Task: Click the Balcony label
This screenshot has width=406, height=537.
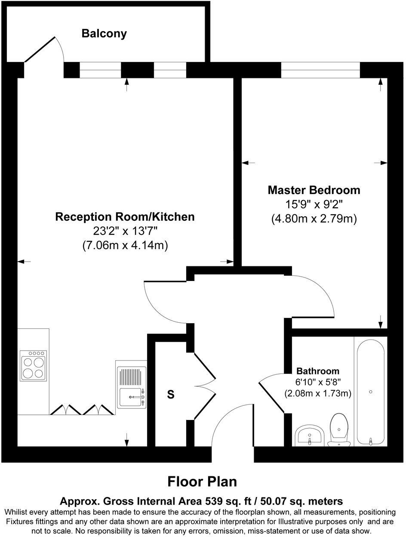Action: click(x=104, y=34)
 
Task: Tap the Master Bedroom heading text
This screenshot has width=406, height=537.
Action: click(x=314, y=190)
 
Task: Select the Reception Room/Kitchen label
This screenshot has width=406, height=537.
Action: click(x=125, y=217)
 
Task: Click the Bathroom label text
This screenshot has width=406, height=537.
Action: click(x=318, y=371)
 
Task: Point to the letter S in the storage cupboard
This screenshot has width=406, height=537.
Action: click(x=171, y=394)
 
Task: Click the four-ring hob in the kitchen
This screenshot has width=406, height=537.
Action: click(x=33, y=366)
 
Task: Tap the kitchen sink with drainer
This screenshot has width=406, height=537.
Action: click(x=131, y=387)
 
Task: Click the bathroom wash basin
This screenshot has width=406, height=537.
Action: click(x=309, y=435)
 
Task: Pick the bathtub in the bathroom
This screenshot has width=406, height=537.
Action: click(x=370, y=392)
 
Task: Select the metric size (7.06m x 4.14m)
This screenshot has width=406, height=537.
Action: click(x=125, y=246)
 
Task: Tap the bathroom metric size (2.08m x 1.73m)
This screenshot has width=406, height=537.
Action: click(x=318, y=393)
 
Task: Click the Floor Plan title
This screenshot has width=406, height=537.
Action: click(x=202, y=481)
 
